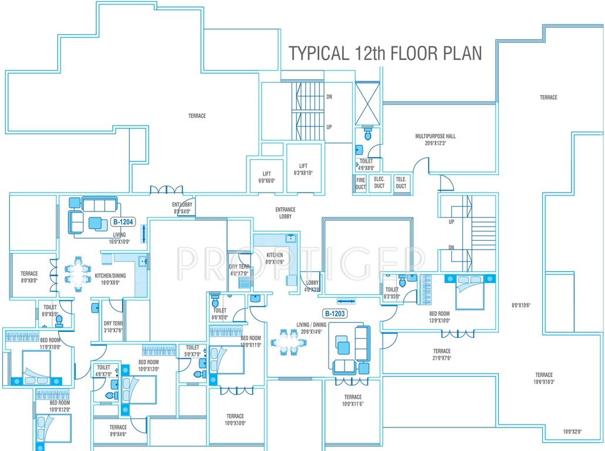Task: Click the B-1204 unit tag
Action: [123, 222]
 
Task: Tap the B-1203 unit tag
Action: [335, 314]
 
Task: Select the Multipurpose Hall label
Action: [435, 139]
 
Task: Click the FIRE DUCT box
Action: [360, 184]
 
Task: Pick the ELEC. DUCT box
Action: [379, 183]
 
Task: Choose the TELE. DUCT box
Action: [401, 183]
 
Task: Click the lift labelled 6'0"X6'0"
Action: [266, 177]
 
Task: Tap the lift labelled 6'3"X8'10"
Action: [303, 169]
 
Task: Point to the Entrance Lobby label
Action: [285, 213]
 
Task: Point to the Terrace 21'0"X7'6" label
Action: [441, 354]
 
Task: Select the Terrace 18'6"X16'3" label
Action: [543, 378]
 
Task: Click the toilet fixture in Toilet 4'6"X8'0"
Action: [368, 135]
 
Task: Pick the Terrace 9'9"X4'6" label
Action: [118, 430]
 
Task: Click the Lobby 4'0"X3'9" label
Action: [312, 286]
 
